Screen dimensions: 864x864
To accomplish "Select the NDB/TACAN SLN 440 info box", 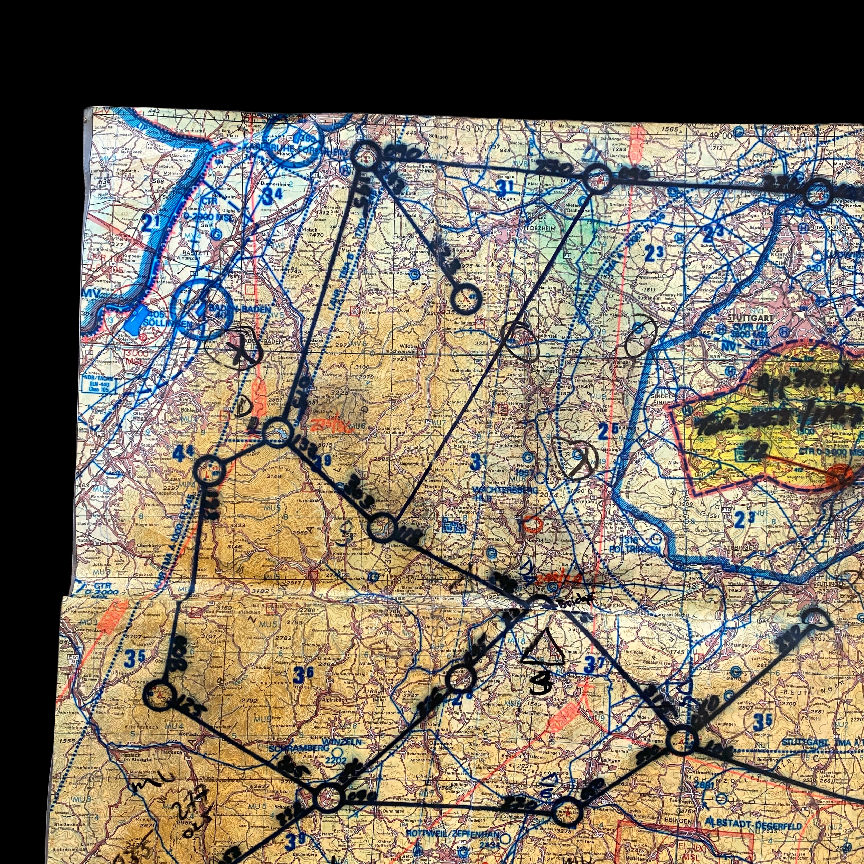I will (x=97, y=384).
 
